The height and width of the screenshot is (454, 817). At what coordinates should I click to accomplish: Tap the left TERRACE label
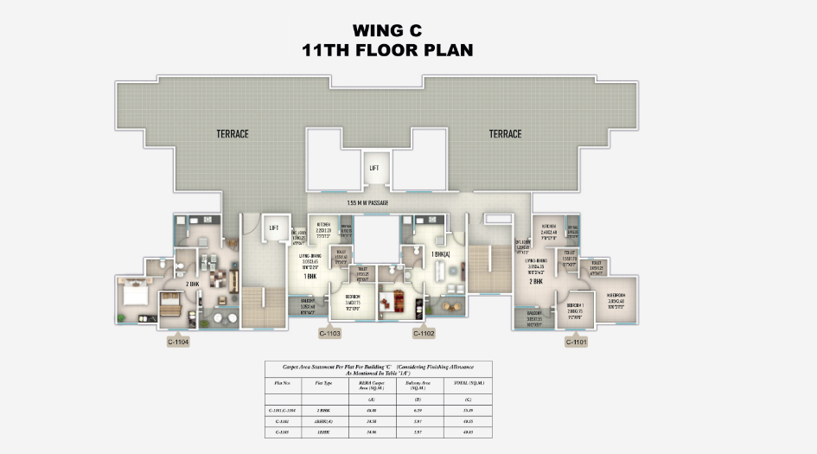point(233,134)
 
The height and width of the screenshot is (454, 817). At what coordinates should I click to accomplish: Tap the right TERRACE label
point(505,134)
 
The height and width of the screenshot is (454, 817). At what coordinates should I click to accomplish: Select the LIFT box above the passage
point(373,169)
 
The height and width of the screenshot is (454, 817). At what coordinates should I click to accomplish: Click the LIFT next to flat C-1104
point(273,228)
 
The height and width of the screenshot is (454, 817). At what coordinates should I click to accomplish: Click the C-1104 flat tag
point(178,342)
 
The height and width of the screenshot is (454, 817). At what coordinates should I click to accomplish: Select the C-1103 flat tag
point(329,333)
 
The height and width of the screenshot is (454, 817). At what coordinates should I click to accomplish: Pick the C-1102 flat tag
point(424,333)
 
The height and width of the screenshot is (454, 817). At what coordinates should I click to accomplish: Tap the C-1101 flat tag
point(577,342)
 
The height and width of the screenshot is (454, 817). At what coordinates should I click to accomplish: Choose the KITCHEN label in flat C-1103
point(324,223)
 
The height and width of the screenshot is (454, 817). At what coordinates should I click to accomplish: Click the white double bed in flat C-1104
point(136,294)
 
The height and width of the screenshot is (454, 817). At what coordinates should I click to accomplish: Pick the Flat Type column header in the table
point(324,381)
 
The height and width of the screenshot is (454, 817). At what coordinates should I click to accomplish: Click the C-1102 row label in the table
point(282,419)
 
